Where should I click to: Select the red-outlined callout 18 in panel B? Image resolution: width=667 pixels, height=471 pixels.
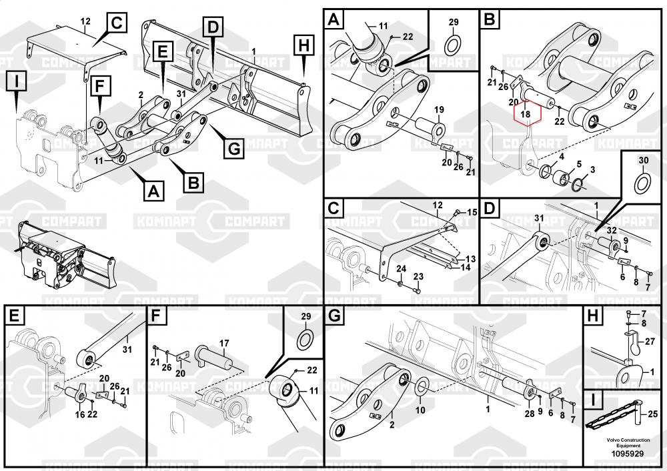[x=526, y=113]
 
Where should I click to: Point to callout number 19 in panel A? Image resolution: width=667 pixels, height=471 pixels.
[x=439, y=109]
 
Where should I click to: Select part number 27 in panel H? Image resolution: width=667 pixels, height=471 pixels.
[x=651, y=341]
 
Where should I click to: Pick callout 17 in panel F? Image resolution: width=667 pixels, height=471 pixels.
[x=224, y=343]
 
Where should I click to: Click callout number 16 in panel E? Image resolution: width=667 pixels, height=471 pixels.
[x=81, y=414]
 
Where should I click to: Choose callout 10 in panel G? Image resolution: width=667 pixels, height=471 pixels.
[x=420, y=410]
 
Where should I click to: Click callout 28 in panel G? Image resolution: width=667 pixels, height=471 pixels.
[x=530, y=415]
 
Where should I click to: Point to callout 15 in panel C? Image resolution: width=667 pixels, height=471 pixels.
[x=472, y=212]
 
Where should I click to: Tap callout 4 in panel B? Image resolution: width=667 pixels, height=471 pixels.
[x=562, y=157]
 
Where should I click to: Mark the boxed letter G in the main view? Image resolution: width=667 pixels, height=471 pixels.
[x=233, y=149]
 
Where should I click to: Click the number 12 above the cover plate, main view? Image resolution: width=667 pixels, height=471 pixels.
[x=85, y=21]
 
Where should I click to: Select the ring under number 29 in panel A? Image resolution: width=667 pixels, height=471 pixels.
[x=454, y=45]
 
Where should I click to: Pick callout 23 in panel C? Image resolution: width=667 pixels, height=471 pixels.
[x=418, y=276]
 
